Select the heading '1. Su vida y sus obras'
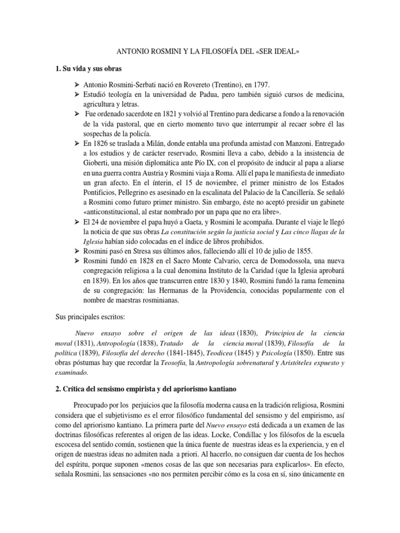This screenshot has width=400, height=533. [x=90, y=68]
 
